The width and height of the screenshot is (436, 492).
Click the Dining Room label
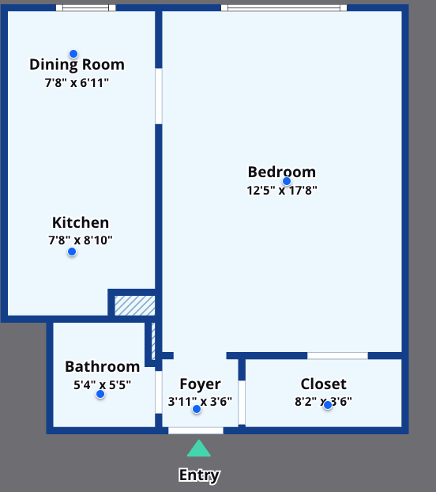[77, 65]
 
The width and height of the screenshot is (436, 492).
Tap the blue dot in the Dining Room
[73, 54]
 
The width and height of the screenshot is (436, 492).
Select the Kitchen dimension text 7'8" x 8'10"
[81, 240]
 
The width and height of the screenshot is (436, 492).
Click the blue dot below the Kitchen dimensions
[72, 252]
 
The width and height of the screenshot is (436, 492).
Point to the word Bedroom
[281, 172]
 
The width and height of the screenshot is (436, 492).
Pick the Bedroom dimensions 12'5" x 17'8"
[282, 190]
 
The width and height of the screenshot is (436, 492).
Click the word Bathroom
[103, 366]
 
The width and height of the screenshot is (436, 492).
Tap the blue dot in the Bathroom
[100, 394]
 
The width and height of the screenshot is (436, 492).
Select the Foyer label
[200, 384]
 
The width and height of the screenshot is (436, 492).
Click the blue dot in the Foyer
[197, 409]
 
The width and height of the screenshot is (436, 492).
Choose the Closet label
[324, 384]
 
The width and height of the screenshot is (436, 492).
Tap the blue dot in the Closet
[328, 406]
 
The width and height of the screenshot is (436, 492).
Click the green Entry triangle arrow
[199, 448]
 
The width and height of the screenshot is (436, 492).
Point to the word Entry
[200, 475]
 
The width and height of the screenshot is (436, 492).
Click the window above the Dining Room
[86, 8]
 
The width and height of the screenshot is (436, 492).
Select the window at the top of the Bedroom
[284, 8]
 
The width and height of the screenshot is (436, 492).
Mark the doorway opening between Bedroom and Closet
[337, 355]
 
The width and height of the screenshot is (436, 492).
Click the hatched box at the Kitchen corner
[135, 305]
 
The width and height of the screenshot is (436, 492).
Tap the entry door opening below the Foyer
[196, 430]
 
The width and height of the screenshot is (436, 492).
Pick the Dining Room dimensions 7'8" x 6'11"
[77, 83]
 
